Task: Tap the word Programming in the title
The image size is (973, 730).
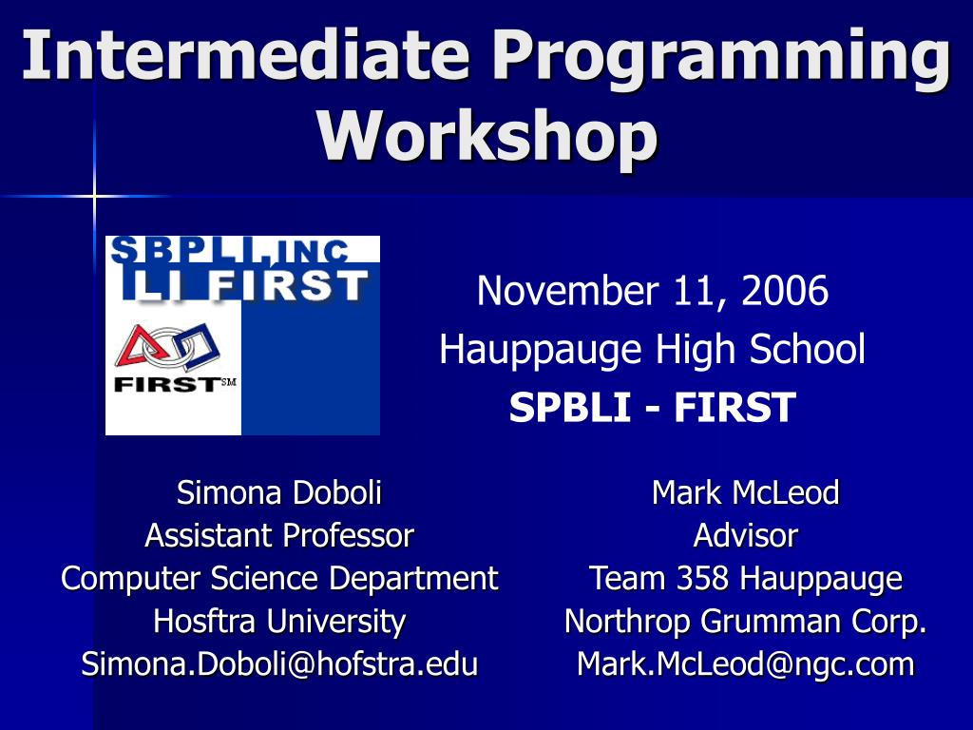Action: [721, 57]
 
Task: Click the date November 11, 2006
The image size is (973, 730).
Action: [652, 291]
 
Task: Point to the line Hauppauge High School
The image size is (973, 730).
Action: [652, 350]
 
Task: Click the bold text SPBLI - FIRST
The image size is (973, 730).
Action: [652, 408]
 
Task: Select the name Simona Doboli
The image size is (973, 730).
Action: [279, 493]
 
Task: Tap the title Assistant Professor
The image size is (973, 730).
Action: [279, 536]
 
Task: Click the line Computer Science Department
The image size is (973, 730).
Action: [279, 579]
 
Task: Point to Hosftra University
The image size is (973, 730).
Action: [279, 622]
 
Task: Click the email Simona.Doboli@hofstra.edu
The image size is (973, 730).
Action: [279, 664]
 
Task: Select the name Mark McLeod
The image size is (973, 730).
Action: [745, 493]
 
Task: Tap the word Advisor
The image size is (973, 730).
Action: [745, 536]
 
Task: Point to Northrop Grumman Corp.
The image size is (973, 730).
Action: [745, 622]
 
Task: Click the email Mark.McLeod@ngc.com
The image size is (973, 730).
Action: [745, 664]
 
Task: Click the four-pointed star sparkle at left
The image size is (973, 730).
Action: [94, 196]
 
